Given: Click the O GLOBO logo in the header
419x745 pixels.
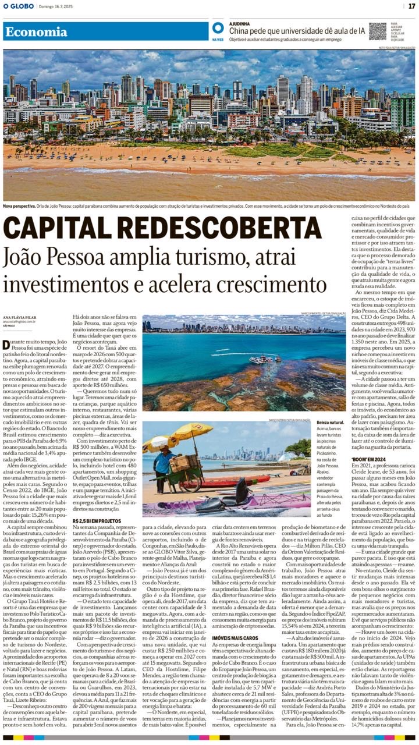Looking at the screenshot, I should click(19, 6).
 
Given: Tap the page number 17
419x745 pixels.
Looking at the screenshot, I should click(411, 6).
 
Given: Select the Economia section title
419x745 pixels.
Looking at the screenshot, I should click(36, 32).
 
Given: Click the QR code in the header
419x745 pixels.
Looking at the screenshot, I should click(377, 31).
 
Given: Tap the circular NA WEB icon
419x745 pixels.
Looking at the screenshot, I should click(218, 28).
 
